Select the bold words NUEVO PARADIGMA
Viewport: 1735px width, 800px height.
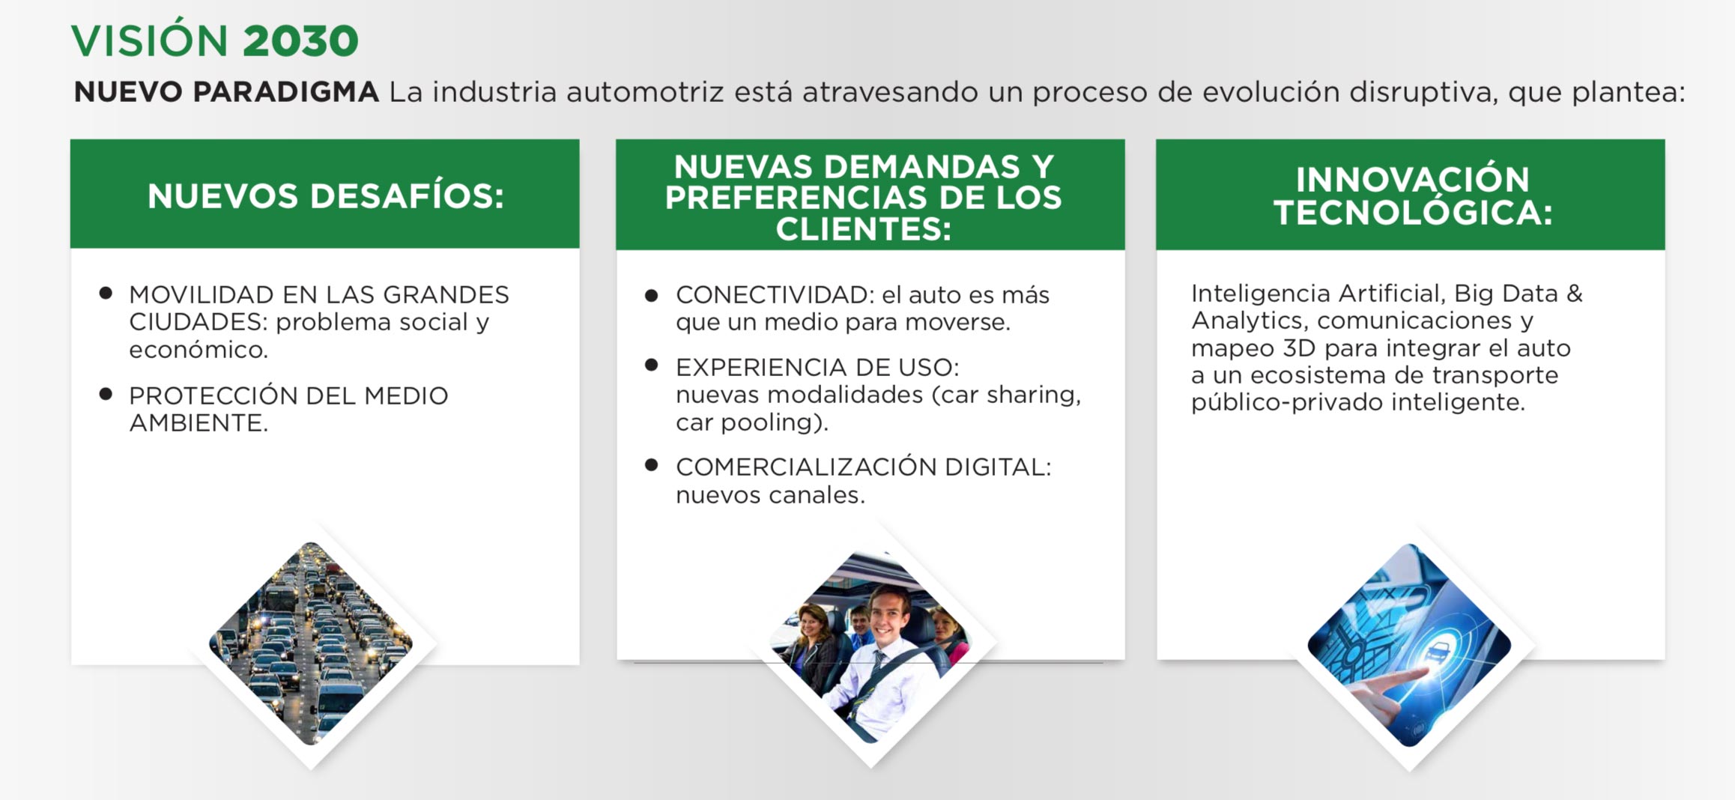tap(226, 92)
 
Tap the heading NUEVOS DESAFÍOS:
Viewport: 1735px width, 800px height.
tap(326, 196)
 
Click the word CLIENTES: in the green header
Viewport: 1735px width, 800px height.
tap(863, 229)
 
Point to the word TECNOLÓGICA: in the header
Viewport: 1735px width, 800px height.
tap(1413, 212)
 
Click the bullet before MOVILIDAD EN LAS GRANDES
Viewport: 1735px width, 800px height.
tap(106, 293)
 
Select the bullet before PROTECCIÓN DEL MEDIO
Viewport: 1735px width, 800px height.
tap(106, 393)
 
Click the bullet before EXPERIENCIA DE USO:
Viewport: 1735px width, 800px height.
tap(652, 365)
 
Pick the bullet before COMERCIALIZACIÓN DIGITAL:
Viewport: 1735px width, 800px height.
tap(652, 465)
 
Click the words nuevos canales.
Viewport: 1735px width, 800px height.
tap(770, 495)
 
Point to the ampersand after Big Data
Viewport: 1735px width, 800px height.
tap(1574, 293)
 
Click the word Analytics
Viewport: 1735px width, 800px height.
tap(1250, 321)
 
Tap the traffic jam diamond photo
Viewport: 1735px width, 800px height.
tap(311, 644)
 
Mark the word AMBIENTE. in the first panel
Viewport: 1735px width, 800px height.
tap(199, 423)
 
